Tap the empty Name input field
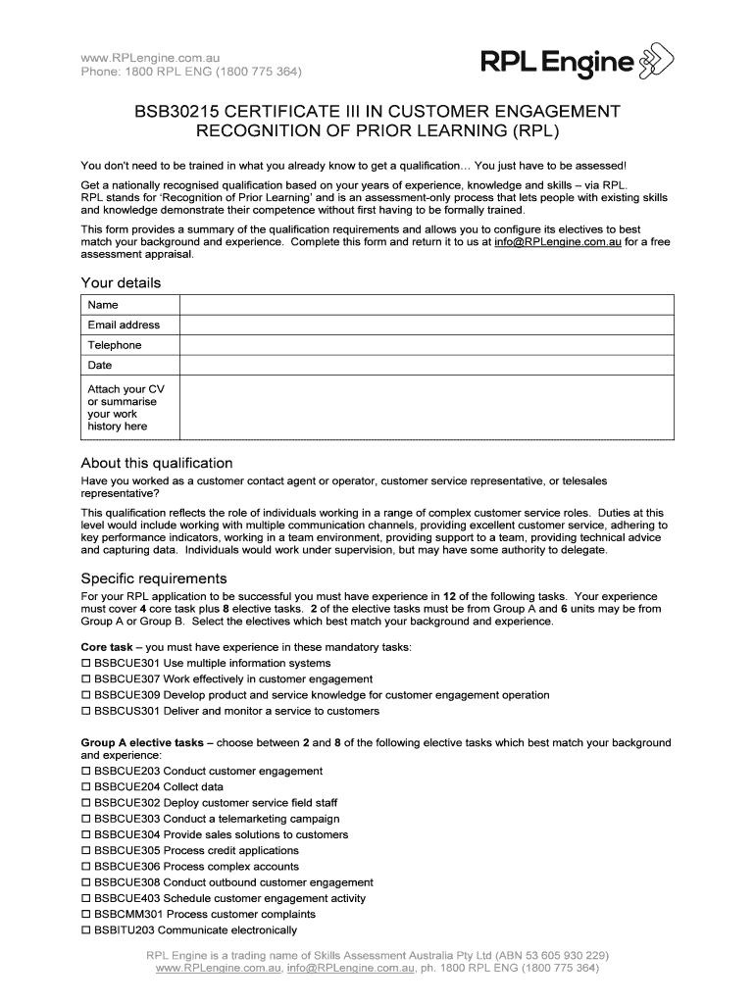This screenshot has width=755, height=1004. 426,305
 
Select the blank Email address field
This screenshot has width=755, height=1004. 426,325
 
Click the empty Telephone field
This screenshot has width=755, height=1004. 426,345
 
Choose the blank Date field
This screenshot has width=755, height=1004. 426,365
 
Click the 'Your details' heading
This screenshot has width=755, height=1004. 121,283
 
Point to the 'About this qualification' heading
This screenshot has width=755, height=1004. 157,463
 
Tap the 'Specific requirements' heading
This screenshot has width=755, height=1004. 154,578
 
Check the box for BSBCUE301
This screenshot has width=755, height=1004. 85,664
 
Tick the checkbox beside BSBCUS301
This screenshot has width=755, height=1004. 85,712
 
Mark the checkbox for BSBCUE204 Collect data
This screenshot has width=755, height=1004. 85,787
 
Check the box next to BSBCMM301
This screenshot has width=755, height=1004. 85,915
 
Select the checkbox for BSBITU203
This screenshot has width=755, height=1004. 85,930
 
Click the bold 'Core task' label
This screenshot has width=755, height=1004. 106,647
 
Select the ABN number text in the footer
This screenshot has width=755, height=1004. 549,955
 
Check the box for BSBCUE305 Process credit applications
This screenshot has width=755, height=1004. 85,851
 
